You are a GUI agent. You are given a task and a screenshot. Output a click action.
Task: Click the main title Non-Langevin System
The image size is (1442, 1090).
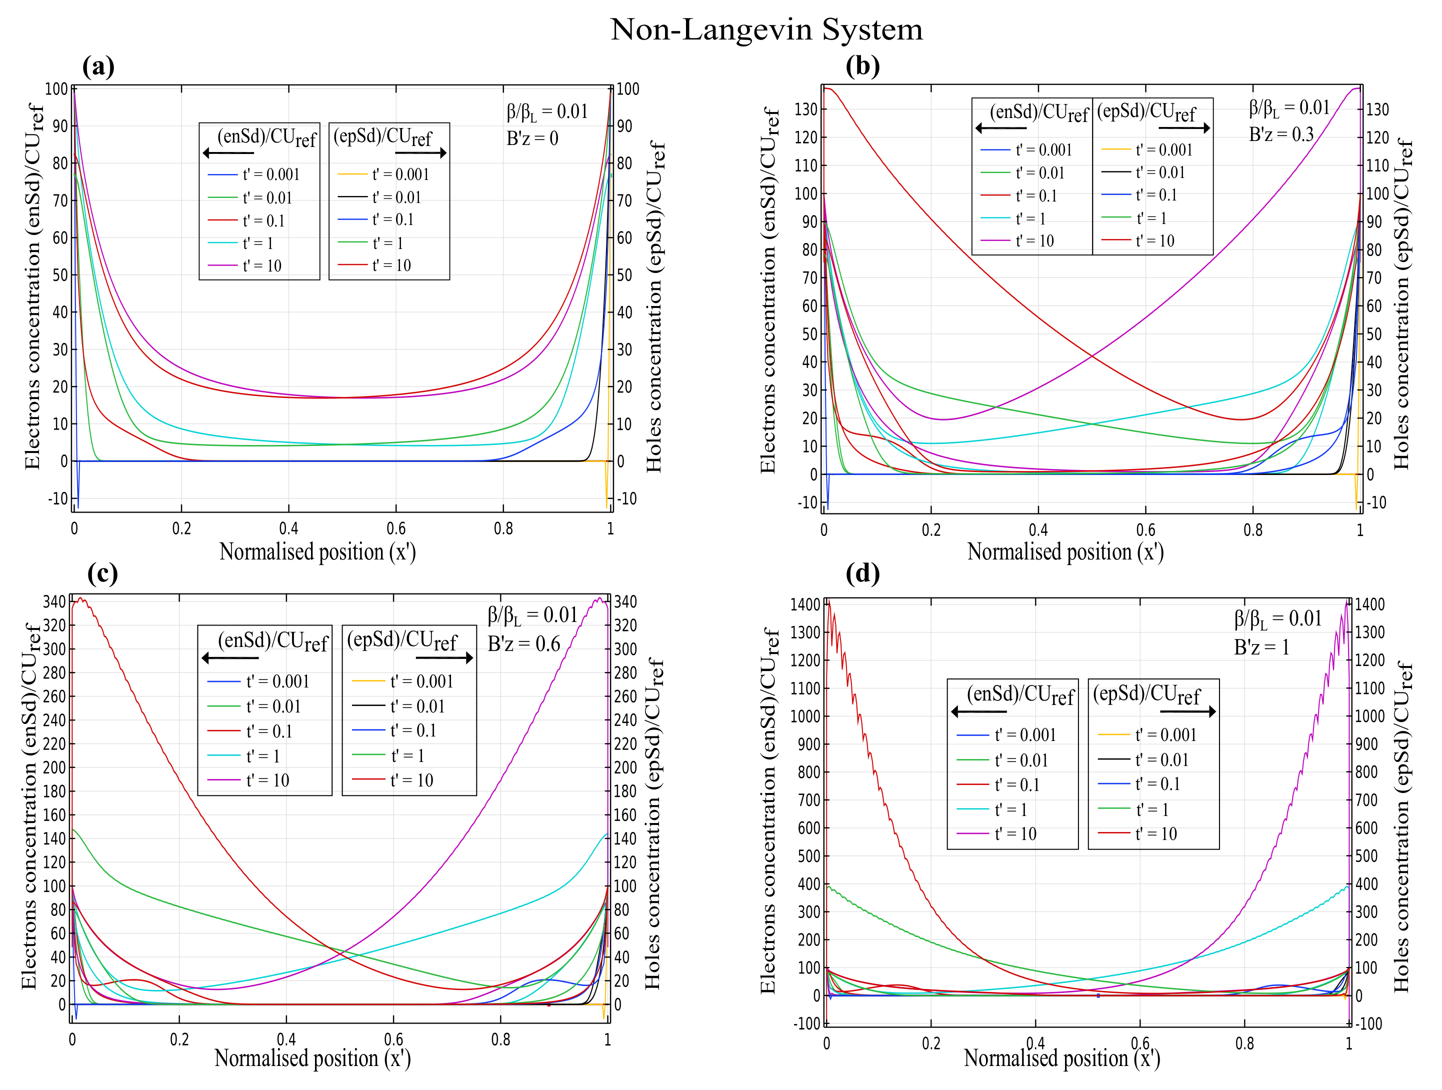(766, 29)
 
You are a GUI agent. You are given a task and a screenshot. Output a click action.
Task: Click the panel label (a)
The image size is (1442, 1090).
(98, 66)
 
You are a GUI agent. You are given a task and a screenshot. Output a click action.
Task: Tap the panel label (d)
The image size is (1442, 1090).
(862, 573)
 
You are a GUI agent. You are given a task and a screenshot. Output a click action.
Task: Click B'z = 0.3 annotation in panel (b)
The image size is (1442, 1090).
(1280, 134)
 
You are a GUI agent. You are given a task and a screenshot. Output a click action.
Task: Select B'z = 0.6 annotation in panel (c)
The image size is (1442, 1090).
(523, 644)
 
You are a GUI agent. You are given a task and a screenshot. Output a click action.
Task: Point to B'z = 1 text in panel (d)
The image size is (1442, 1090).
(1261, 647)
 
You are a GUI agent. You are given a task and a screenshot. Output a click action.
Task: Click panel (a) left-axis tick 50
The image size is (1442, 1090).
(59, 275)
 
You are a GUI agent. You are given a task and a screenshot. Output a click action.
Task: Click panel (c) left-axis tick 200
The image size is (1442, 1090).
(55, 767)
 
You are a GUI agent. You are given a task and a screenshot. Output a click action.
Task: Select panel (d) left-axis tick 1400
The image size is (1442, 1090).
(805, 604)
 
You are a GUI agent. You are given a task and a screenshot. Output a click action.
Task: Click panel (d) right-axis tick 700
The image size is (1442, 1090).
(1367, 800)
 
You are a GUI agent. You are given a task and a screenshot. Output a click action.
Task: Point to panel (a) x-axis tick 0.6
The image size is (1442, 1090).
(395, 528)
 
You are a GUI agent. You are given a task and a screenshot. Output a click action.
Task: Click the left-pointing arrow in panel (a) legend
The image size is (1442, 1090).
(227, 153)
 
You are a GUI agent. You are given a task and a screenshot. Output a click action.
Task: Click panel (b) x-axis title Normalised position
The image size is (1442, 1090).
(1065, 552)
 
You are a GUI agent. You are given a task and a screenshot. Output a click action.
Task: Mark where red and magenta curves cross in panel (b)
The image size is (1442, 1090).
(1092, 356)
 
